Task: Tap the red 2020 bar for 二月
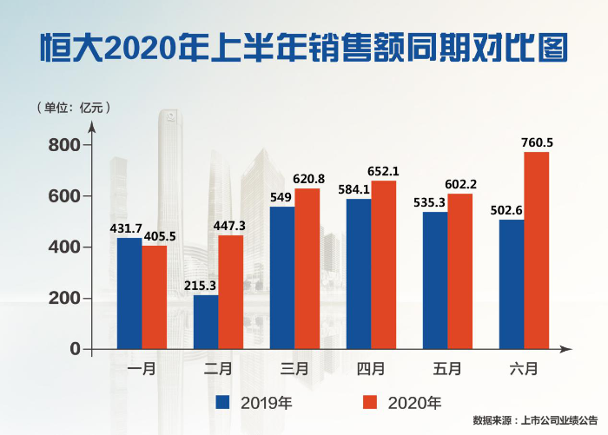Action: tap(231, 292)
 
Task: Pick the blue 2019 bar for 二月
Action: tap(206, 322)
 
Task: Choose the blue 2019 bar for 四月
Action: tap(359, 274)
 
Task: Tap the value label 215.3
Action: tap(203, 284)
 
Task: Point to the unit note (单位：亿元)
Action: tap(71, 109)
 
